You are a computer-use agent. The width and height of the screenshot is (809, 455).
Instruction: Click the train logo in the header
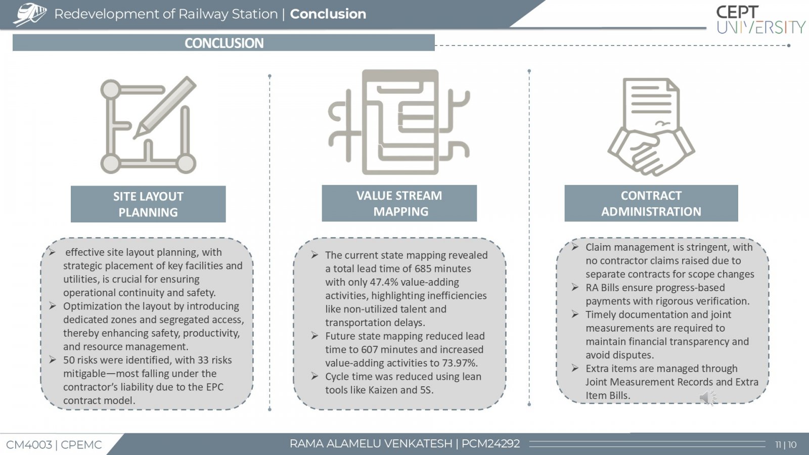(30, 15)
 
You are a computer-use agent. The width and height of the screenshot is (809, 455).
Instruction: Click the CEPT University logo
(760, 20)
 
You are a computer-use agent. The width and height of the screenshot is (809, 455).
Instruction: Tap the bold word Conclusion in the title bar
(328, 14)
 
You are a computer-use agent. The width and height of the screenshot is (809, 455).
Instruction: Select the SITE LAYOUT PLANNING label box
(148, 204)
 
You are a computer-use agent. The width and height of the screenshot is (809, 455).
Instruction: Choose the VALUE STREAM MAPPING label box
(399, 203)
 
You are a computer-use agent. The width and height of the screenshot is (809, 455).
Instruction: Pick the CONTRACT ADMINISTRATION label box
(651, 203)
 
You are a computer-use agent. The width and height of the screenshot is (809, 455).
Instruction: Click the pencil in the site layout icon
(165, 107)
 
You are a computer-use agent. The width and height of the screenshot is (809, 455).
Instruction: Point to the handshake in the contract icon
(651, 152)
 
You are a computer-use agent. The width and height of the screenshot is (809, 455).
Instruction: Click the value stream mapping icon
(399, 122)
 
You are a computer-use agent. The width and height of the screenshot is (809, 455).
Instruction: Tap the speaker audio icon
(708, 397)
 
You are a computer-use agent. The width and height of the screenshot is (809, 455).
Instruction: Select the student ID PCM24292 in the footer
(490, 443)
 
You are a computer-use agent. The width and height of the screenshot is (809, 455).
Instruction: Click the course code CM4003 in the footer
(29, 445)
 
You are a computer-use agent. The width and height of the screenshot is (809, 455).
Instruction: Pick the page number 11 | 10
(786, 444)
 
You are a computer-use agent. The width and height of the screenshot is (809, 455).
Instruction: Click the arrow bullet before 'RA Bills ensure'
(575, 288)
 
